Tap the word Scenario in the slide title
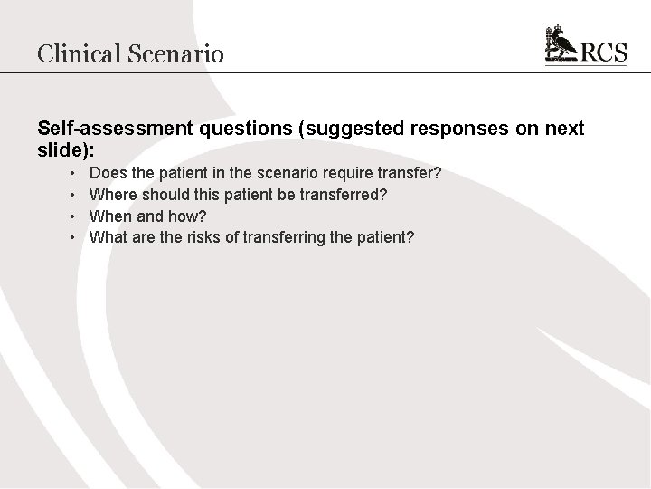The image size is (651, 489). (177, 53)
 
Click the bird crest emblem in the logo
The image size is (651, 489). (561, 44)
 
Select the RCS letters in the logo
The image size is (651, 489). (603, 52)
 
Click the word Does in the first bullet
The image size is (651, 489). (108, 172)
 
